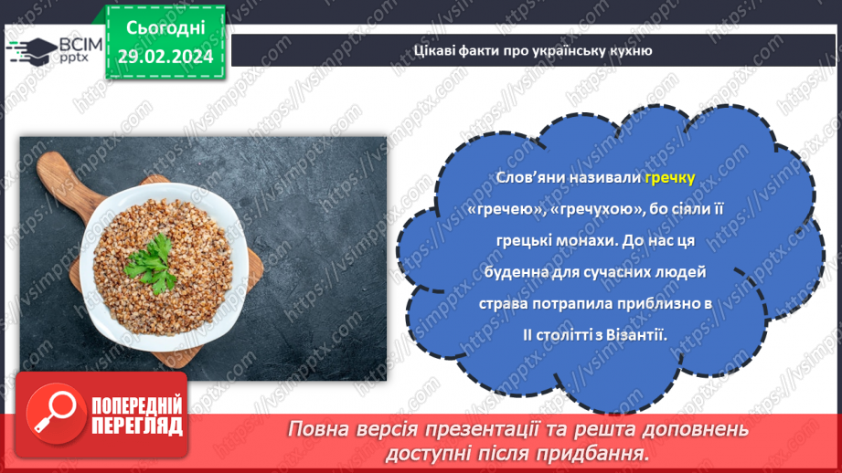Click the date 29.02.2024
pos(164,56)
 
